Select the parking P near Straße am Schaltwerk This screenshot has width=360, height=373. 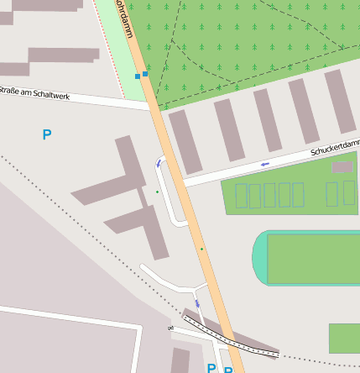point(47,134)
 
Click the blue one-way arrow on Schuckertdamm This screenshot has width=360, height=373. point(265,164)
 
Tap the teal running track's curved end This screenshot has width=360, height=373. point(261,258)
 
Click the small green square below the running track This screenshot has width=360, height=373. point(344,338)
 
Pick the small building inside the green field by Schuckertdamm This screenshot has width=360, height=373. point(342,167)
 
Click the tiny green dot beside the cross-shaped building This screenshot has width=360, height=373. point(156,192)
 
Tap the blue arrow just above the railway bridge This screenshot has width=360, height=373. point(197,303)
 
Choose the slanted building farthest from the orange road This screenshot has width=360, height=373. point(340,100)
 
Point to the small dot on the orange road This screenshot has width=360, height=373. point(201,249)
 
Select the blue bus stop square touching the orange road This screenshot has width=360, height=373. point(145,74)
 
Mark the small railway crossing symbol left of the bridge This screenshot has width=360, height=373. point(170,328)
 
